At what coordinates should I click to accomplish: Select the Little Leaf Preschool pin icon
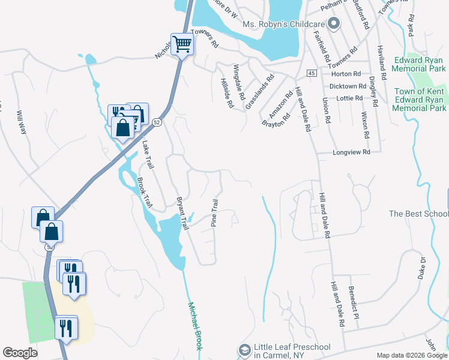point(244,349)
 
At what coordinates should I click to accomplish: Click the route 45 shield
point(310,73)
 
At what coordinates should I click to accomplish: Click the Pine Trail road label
point(214,212)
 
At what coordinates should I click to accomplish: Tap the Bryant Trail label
point(182,213)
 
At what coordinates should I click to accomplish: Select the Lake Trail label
point(148,155)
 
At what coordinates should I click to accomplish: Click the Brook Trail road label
point(145,193)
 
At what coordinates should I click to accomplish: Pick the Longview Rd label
point(351,153)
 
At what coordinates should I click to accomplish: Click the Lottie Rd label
point(351,98)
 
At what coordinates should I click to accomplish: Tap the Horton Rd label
point(349,74)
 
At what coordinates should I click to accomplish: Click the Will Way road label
point(22,122)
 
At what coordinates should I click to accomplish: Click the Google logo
point(20,353)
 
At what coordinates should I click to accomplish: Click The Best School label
point(418,214)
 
